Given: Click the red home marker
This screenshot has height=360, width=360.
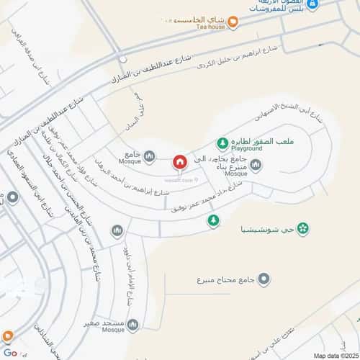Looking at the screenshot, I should (x=179, y=162).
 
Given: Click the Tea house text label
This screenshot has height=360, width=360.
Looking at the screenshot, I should (x=211, y=27).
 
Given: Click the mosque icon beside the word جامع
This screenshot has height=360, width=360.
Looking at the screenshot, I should (x=150, y=156).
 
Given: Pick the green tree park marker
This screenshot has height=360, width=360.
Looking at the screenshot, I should (x=212, y=220).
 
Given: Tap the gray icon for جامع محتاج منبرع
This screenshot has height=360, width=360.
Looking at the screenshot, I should (x=264, y=279).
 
